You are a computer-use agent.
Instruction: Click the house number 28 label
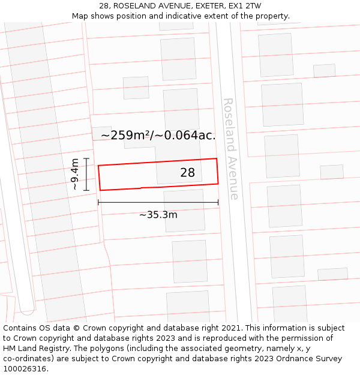[x=188, y=173]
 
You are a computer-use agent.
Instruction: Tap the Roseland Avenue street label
[x=230, y=149]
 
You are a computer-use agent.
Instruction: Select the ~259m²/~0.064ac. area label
[x=158, y=135]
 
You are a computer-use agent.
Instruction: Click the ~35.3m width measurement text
[x=158, y=215]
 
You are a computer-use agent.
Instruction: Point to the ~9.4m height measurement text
[x=74, y=174]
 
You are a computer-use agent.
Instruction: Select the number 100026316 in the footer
[x=25, y=368]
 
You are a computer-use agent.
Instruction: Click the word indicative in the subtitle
[x=196, y=16]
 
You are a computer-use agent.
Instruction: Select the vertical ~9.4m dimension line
[x=86, y=174]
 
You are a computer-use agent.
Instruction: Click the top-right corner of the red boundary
[x=217, y=159]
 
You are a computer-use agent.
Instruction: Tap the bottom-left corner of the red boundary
[x=100, y=190]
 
